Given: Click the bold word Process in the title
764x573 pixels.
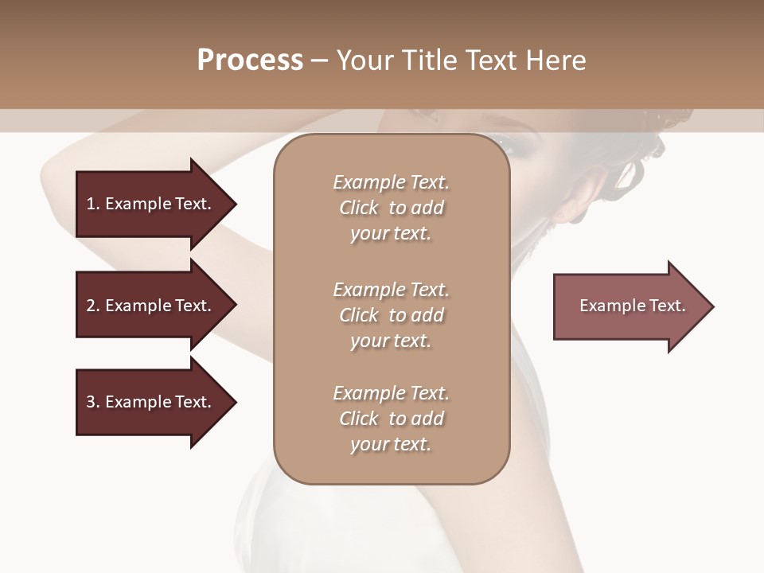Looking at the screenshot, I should point(250,60).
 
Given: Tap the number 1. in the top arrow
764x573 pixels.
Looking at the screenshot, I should point(93,204).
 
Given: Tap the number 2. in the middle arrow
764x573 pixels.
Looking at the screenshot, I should point(93,306).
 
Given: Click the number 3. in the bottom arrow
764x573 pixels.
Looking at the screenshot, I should point(93,402).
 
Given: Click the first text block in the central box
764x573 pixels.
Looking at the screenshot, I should point(391,208).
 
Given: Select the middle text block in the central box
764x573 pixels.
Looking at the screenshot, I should point(391,314).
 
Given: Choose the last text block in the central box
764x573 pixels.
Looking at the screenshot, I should point(391,419).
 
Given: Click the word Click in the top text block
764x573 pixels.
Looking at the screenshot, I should point(359,208).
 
